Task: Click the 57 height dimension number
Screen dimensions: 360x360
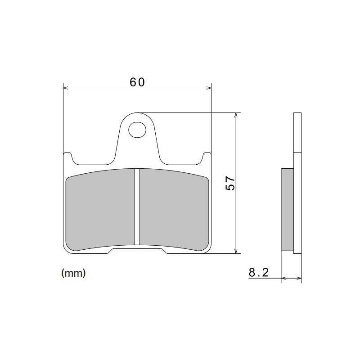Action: click(230, 183)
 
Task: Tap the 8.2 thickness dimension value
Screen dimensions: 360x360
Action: click(258, 272)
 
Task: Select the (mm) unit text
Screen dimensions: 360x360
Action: click(73, 273)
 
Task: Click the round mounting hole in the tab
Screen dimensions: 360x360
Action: click(137, 130)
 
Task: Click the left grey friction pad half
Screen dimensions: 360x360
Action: click(100, 209)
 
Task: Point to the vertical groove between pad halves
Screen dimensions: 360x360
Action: click(138, 207)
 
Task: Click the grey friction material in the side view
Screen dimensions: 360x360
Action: click(287, 209)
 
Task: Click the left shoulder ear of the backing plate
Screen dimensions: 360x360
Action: click(67, 156)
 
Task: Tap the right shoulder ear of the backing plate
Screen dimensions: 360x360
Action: click(207, 156)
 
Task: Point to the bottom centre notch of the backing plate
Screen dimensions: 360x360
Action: click(138, 250)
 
